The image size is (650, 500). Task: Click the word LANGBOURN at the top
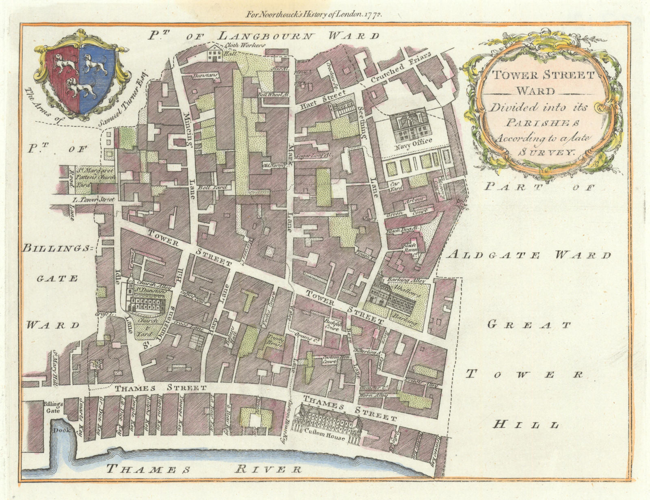pyautogui.click(x=266, y=36)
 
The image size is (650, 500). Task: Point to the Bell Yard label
pyautogui.click(x=210, y=188)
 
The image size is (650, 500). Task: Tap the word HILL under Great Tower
pyautogui.click(x=526, y=425)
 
